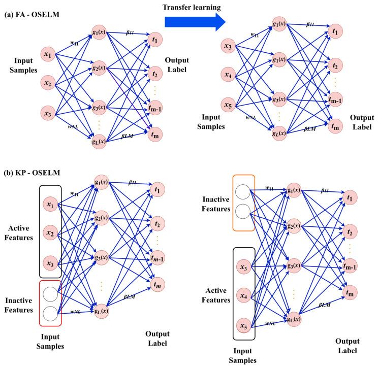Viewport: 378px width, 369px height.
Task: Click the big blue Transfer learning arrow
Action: point(195,22)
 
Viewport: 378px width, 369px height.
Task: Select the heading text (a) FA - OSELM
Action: point(31,15)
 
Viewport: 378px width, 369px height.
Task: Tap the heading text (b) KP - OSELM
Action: point(32,173)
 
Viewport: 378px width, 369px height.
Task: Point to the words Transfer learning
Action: point(192,7)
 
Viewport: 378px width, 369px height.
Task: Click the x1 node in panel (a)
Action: point(48,54)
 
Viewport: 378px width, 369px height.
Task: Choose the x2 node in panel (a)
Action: point(48,83)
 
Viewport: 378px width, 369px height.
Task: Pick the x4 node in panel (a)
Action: point(228,75)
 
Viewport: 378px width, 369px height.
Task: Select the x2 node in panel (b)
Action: point(50,232)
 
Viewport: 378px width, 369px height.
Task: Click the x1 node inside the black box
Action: point(50,204)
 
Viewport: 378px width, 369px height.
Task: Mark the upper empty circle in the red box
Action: point(50,294)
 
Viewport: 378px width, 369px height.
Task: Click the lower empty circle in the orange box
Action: point(243,211)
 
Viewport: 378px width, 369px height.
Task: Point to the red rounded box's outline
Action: point(39,303)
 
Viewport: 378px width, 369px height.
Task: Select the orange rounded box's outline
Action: point(233,203)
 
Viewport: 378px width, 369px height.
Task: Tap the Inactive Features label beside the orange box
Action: point(216,204)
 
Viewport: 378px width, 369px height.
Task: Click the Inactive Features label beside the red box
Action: point(19,305)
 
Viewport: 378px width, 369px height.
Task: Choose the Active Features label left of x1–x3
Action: point(19,232)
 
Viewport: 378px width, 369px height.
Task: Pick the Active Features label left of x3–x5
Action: point(216,295)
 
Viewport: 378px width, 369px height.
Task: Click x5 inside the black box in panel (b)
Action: point(244,325)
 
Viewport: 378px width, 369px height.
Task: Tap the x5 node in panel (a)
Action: point(228,105)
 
